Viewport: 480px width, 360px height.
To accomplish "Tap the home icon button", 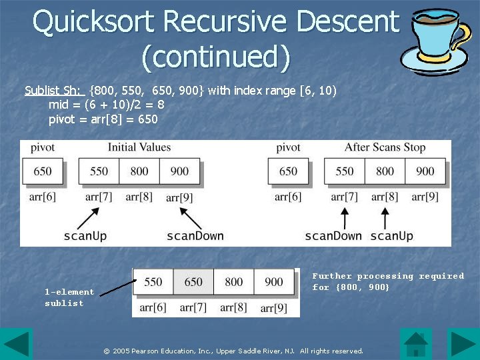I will [416, 344].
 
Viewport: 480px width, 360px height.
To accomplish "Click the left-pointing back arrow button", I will [16, 344].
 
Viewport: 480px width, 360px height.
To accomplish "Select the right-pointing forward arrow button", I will [463, 344].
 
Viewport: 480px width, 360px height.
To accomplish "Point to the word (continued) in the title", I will [216, 57].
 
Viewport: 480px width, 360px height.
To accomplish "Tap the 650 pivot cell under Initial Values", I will [43, 171].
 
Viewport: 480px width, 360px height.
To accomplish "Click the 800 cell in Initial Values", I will [139, 171].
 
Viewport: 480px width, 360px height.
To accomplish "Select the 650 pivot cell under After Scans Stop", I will [288, 171].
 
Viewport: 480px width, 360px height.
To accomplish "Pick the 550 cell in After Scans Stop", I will [345, 171].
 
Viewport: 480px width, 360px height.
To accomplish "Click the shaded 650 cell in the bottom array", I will [193, 282].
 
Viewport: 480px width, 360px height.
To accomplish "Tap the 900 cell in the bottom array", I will [274, 282].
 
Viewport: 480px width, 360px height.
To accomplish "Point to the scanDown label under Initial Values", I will [195, 235].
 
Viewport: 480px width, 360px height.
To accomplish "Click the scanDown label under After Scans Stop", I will [333, 235].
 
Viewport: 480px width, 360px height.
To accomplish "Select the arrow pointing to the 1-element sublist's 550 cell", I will [117, 287].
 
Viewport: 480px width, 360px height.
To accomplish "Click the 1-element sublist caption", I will [69, 297].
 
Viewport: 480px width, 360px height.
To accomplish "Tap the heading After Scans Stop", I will [385, 147].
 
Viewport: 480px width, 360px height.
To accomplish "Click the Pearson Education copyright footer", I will [233, 351].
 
